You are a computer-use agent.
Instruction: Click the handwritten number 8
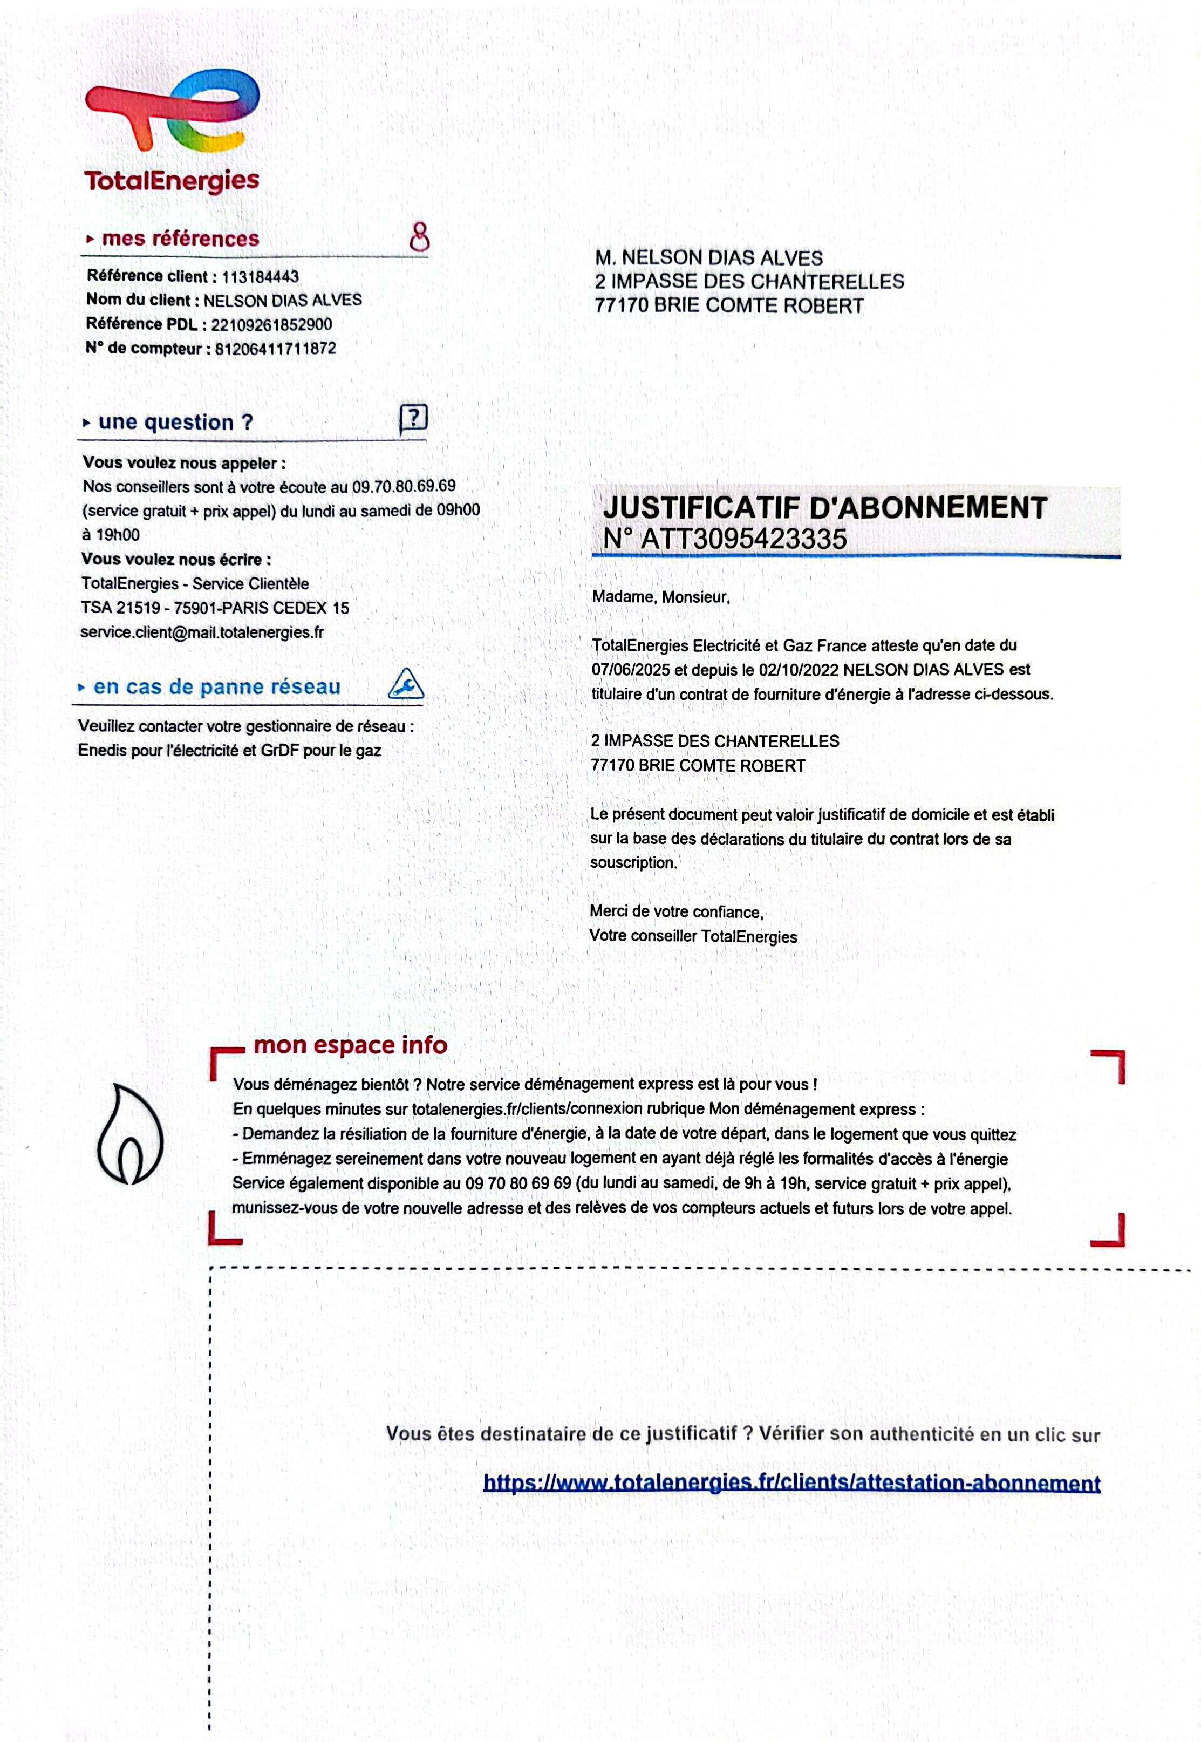[419, 236]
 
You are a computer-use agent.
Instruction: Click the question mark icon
[413, 418]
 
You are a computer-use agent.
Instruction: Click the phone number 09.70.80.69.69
[404, 486]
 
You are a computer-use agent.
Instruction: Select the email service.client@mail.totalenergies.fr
[202, 632]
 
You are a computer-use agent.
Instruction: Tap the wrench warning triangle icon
[406, 684]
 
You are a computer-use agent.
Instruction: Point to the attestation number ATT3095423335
[743, 539]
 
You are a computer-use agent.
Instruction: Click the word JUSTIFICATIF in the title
[700, 508]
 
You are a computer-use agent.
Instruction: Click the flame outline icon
[129, 1133]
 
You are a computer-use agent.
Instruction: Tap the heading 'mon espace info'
[350, 1045]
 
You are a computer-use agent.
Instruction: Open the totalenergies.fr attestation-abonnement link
[791, 1483]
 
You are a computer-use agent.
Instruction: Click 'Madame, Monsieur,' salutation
[661, 597]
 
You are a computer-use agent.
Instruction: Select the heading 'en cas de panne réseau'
[217, 686]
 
